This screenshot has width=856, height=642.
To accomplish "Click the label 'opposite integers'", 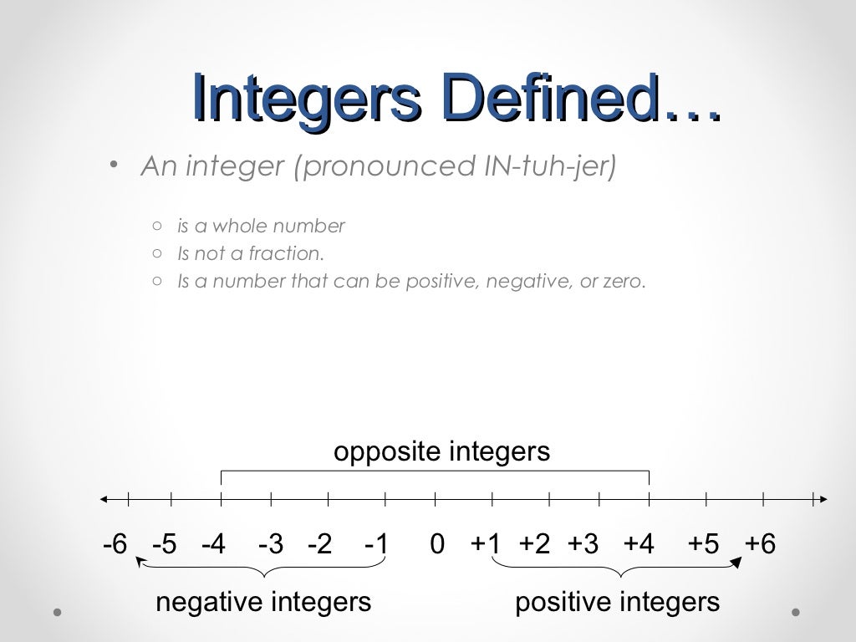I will (x=441, y=452).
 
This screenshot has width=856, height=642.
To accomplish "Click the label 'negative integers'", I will (x=263, y=602).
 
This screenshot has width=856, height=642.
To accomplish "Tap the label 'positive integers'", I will (x=617, y=602).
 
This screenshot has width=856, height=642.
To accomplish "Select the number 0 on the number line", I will (x=437, y=544).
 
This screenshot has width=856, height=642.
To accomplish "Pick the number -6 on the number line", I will (x=115, y=544).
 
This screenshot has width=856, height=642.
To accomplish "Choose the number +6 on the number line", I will (x=761, y=544).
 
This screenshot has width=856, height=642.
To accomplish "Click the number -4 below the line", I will (x=214, y=544).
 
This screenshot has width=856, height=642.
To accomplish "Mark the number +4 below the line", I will (x=639, y=544).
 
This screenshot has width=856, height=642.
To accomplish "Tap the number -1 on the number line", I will (x=377, y=544).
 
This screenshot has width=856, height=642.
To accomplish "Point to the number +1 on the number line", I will (x=486, y=544).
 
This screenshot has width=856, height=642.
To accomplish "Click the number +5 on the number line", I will (x=703, y=544).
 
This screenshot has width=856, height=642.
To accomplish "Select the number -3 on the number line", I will (x=271, y=544).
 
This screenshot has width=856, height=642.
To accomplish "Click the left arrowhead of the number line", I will (x=104, y=500).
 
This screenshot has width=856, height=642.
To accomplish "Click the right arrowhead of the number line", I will (x=823, y=500).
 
